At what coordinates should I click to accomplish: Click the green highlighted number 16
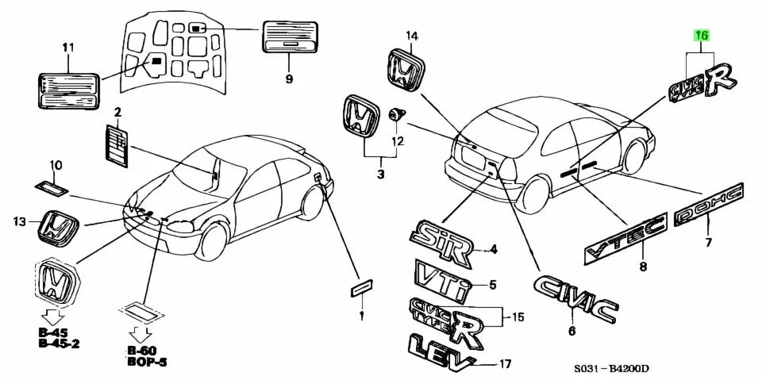tap(702, 36)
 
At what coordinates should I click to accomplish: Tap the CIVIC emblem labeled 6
tap(575, 299)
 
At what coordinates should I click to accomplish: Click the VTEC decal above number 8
tap(625, 238)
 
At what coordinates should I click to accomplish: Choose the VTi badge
tap(443, 277)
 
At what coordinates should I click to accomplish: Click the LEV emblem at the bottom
tap(441, 350)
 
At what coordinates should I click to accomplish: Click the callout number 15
tap(518, 317)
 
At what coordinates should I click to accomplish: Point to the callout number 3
tap(380, 174)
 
